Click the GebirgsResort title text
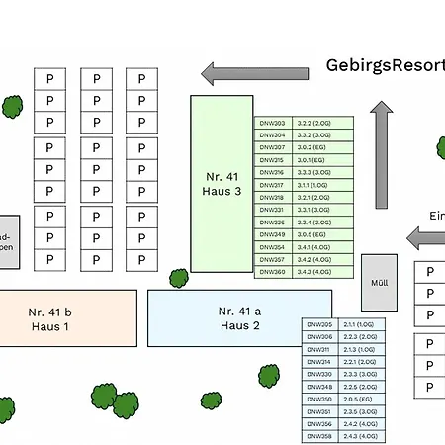click(x=385, y=66)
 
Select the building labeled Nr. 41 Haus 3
click(x=222, y=184)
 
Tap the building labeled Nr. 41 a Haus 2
click(x=239, y=317)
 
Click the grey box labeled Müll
click(x=379, y=282)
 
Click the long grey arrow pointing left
click(x=255, y=73)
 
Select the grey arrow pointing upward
click(x=382, y=154)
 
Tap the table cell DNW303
click(x=273, y=124)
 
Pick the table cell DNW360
click(x=273, y=271)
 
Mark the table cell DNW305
click(x=320, y=324)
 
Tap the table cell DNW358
click(x=320, y=435)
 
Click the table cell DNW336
click(x=273, y=222)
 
